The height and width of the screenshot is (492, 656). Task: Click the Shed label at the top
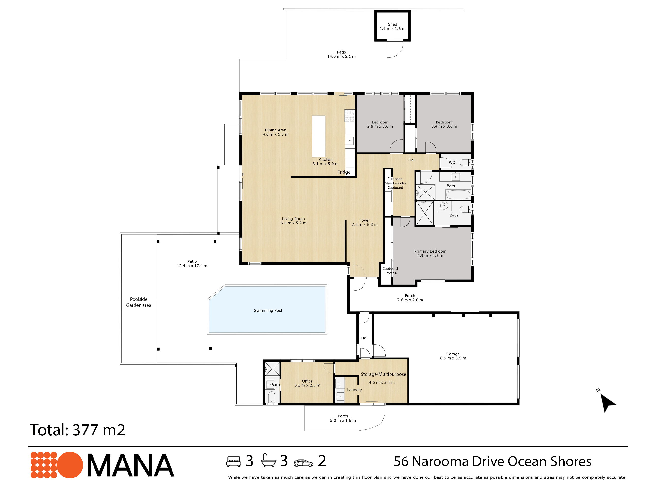point(392,24)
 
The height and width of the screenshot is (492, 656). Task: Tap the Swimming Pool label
point(268,310)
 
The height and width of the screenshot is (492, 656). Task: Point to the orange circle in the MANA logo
point(70,465)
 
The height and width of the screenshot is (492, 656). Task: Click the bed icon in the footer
point(234,461)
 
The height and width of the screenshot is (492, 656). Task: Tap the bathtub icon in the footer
point(268,461)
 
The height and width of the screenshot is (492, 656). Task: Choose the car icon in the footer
point(303,463)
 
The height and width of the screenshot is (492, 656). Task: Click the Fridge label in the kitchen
point(344,172)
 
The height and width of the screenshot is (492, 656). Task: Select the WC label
point(452,163)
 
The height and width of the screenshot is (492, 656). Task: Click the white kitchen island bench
point(318,137)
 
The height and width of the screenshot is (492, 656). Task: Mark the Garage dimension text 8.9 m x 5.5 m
point(453,358)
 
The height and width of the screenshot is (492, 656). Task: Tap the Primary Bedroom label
point(430,251)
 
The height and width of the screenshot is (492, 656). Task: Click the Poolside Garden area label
point(139,302)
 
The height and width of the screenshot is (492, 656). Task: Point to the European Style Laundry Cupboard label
point(395,183)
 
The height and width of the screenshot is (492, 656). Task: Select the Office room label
point(307,381)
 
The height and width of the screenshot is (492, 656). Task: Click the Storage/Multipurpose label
point(383,374)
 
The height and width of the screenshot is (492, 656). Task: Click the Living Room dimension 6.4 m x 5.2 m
point(293,223)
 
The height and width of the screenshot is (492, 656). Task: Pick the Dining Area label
point(275,130)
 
